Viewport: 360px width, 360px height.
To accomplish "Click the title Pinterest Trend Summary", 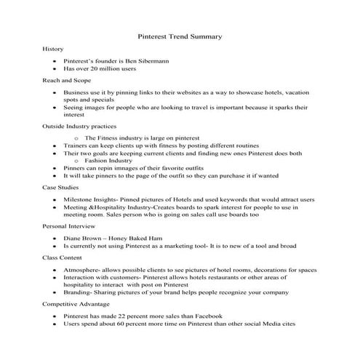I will click(180, 36).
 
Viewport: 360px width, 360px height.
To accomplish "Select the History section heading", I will click(53, 49).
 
